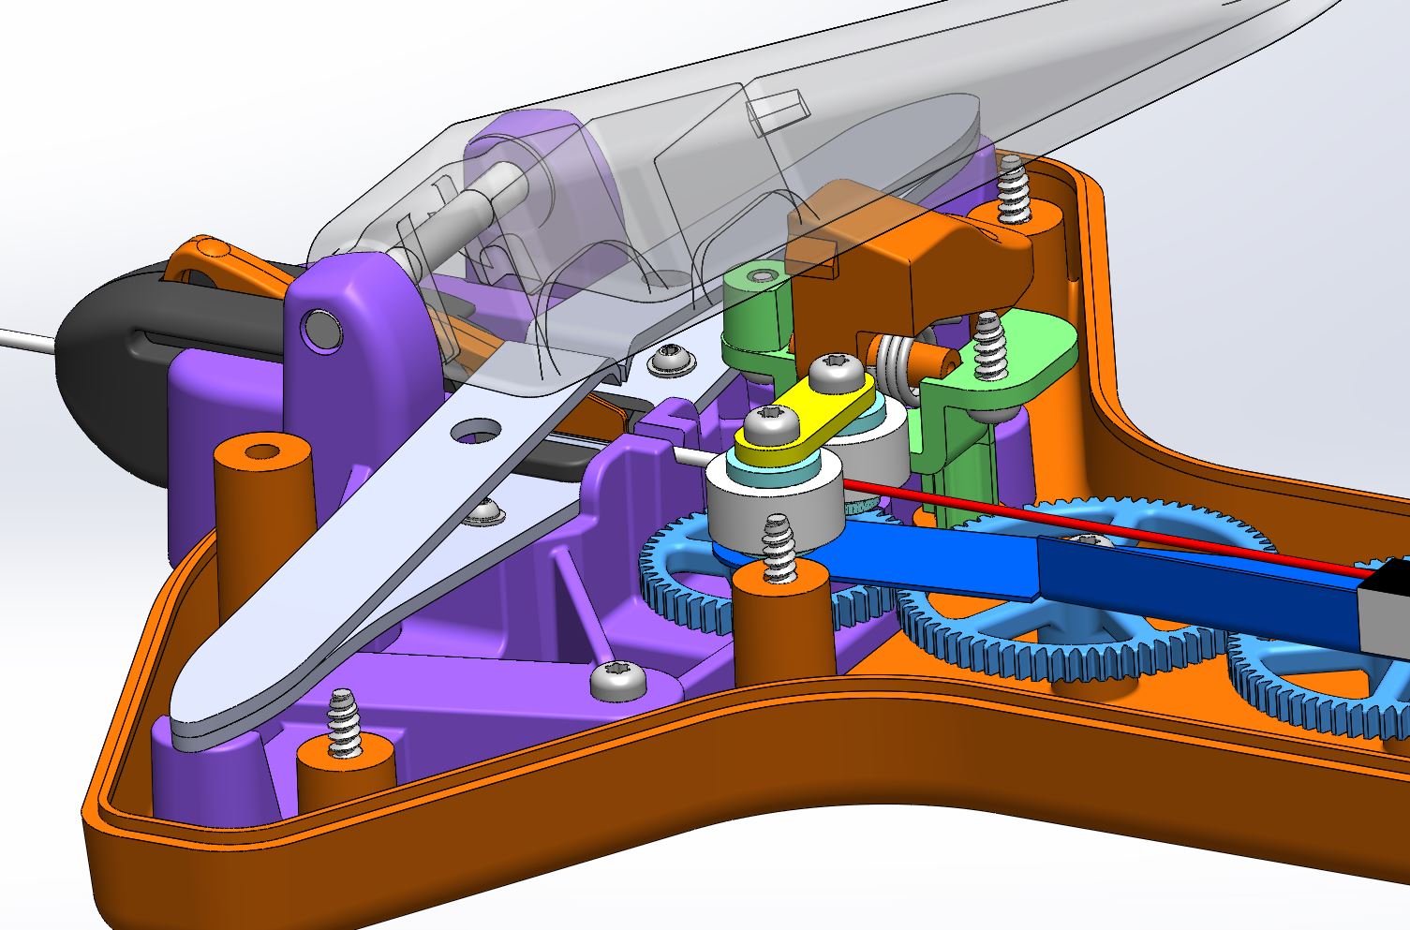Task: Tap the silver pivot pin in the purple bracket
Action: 324,330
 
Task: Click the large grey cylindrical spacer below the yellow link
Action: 759,501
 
